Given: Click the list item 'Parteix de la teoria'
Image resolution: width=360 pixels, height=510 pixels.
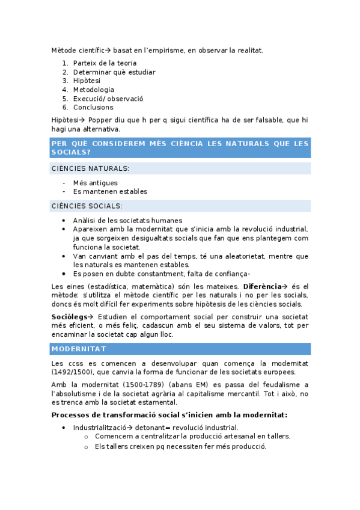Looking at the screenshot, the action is coord(105,63).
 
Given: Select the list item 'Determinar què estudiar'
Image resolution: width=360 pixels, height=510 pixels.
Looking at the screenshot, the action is coord(114,72).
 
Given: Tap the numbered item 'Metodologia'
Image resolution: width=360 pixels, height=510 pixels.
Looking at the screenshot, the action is coord(93,90).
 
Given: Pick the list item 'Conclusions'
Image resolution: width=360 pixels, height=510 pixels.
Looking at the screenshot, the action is coord(93,108).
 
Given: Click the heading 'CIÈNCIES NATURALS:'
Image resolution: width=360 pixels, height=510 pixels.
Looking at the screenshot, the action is coord(90,168).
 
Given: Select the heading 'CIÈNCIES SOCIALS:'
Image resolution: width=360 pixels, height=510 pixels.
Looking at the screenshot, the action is coord(87,206).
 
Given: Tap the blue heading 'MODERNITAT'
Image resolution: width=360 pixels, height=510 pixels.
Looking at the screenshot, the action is coord(79,349).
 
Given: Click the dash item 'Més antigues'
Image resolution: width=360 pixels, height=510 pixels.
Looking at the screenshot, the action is coord(95,183).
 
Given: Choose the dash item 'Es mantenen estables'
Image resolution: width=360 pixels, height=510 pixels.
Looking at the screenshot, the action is coord(110,192).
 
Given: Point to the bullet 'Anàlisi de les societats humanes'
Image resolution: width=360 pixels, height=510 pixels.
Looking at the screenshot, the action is coord(127,221).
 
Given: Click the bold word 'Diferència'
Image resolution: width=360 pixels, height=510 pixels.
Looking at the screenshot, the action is coord(263,286).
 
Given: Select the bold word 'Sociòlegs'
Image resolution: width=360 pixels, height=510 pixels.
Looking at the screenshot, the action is coord(69,317).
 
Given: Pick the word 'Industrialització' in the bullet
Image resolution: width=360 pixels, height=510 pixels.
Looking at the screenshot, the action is coord(102,428).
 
